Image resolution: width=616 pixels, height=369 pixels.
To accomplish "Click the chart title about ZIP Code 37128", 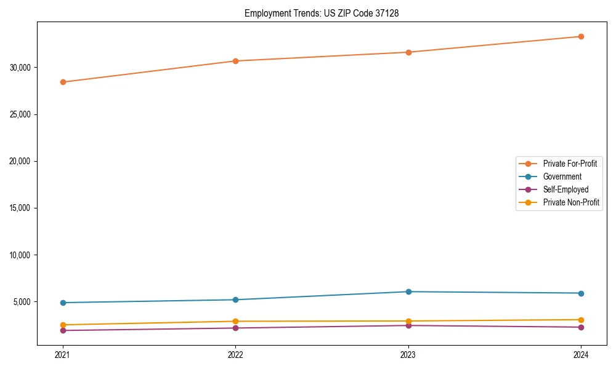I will (x=322, y=13).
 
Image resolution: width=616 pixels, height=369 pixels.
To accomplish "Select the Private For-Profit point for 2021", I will (x=63, y=82).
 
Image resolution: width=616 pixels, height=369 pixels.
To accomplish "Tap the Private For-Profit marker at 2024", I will (x=581, y=36).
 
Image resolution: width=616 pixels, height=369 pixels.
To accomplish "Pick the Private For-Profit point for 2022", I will (x=235, y=61).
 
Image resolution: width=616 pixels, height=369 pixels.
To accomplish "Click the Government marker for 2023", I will (x=408, y=292).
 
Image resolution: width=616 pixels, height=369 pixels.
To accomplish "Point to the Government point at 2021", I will (x=63, y=303).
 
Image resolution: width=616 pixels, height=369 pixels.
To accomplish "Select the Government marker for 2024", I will (x=581, y=293).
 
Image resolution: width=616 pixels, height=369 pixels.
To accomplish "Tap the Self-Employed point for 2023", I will (x=408, y=325).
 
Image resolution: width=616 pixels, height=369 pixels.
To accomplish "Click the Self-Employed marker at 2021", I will (x=63, y=330).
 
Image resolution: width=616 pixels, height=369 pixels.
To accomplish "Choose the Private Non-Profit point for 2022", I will (x=235, y=321).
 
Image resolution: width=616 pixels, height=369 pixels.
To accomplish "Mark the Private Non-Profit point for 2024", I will (x=581, y=320).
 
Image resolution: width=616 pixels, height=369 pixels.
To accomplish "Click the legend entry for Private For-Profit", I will (x=570, y=164).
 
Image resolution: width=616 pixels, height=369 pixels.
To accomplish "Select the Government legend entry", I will (x=562, y=177).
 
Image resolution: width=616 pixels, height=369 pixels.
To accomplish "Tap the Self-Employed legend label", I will (x=565, y=189).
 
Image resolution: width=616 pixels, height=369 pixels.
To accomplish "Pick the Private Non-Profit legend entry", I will (x=571, y=202).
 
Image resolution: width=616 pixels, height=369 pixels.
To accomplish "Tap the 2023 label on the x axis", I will (x=408, y=354).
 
